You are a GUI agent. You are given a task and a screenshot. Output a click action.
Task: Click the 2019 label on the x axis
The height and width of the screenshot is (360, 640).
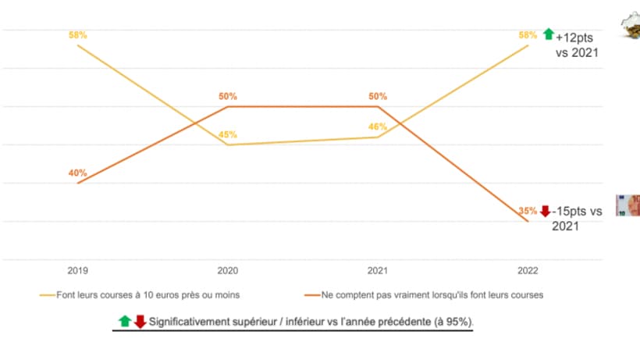[78, 270]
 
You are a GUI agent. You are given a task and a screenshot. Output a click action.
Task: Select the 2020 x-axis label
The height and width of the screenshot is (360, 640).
[228, 270]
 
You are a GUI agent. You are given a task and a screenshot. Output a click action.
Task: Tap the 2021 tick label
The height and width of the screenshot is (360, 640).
[378, 270]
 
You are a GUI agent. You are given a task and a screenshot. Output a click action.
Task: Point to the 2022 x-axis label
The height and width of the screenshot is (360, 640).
[528, 270]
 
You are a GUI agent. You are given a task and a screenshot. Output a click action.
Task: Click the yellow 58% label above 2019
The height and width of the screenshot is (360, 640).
[78, 35]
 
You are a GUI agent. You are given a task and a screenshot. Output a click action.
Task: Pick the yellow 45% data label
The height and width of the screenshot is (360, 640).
[228, 135]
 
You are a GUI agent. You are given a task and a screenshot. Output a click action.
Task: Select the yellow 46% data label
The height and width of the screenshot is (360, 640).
[378, 127]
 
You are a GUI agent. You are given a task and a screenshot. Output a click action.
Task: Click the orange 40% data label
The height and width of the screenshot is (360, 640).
[78, 173]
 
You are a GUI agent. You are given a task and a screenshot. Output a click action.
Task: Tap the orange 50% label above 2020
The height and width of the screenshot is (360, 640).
[228, 96]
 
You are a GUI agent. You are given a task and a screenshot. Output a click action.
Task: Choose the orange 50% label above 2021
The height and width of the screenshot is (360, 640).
[378, 96]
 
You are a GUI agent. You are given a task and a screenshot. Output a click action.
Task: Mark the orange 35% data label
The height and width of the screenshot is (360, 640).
[528, 211]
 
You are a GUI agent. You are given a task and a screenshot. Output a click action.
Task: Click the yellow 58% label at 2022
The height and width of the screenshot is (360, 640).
[528, 35]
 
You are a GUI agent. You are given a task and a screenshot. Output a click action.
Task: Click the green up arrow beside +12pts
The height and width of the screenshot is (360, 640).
[548, 34]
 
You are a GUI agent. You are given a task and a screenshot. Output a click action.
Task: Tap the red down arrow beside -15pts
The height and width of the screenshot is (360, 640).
[545, 211]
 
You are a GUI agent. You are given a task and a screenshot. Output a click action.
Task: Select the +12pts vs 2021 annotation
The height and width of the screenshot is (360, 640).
[577, 45]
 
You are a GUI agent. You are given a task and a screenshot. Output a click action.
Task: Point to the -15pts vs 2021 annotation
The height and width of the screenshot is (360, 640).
[578, 219]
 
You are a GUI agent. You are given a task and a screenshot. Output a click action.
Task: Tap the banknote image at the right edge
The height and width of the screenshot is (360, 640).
[628, 205]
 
